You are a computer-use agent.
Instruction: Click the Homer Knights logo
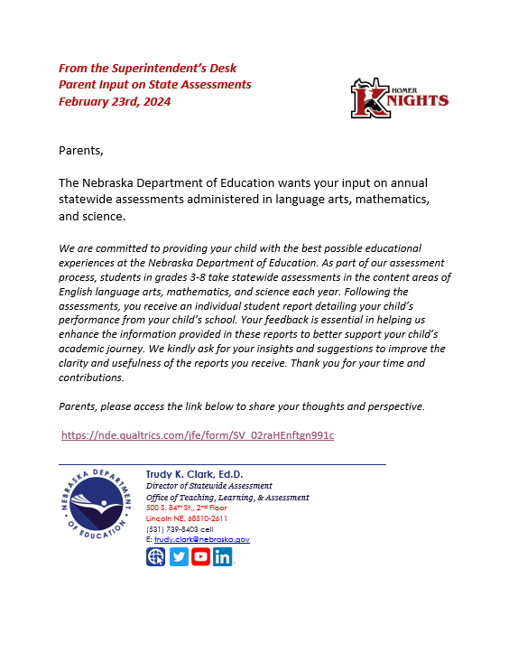(x=399, y=98)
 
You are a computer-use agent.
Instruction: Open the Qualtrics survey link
(x=198, y=435)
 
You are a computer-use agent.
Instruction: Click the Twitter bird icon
(x=179, y=556)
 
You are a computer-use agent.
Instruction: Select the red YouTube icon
(x=200, y=556)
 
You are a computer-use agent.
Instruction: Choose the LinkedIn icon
(x=222, y=556)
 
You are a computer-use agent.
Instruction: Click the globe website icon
(x=156, y=556)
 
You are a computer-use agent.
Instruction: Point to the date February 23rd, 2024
(x=115, y=101)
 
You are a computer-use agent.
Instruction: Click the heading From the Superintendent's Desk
(x=147, y=69)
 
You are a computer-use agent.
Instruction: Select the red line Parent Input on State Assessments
(x=154, y=85)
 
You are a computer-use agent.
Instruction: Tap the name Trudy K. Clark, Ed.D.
(x=194, y=474)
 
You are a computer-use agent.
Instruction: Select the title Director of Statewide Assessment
(x=208, y=486)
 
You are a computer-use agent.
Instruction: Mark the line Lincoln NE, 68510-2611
(x=187, y=518)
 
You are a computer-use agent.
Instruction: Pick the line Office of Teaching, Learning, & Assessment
(x=227, y=497)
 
